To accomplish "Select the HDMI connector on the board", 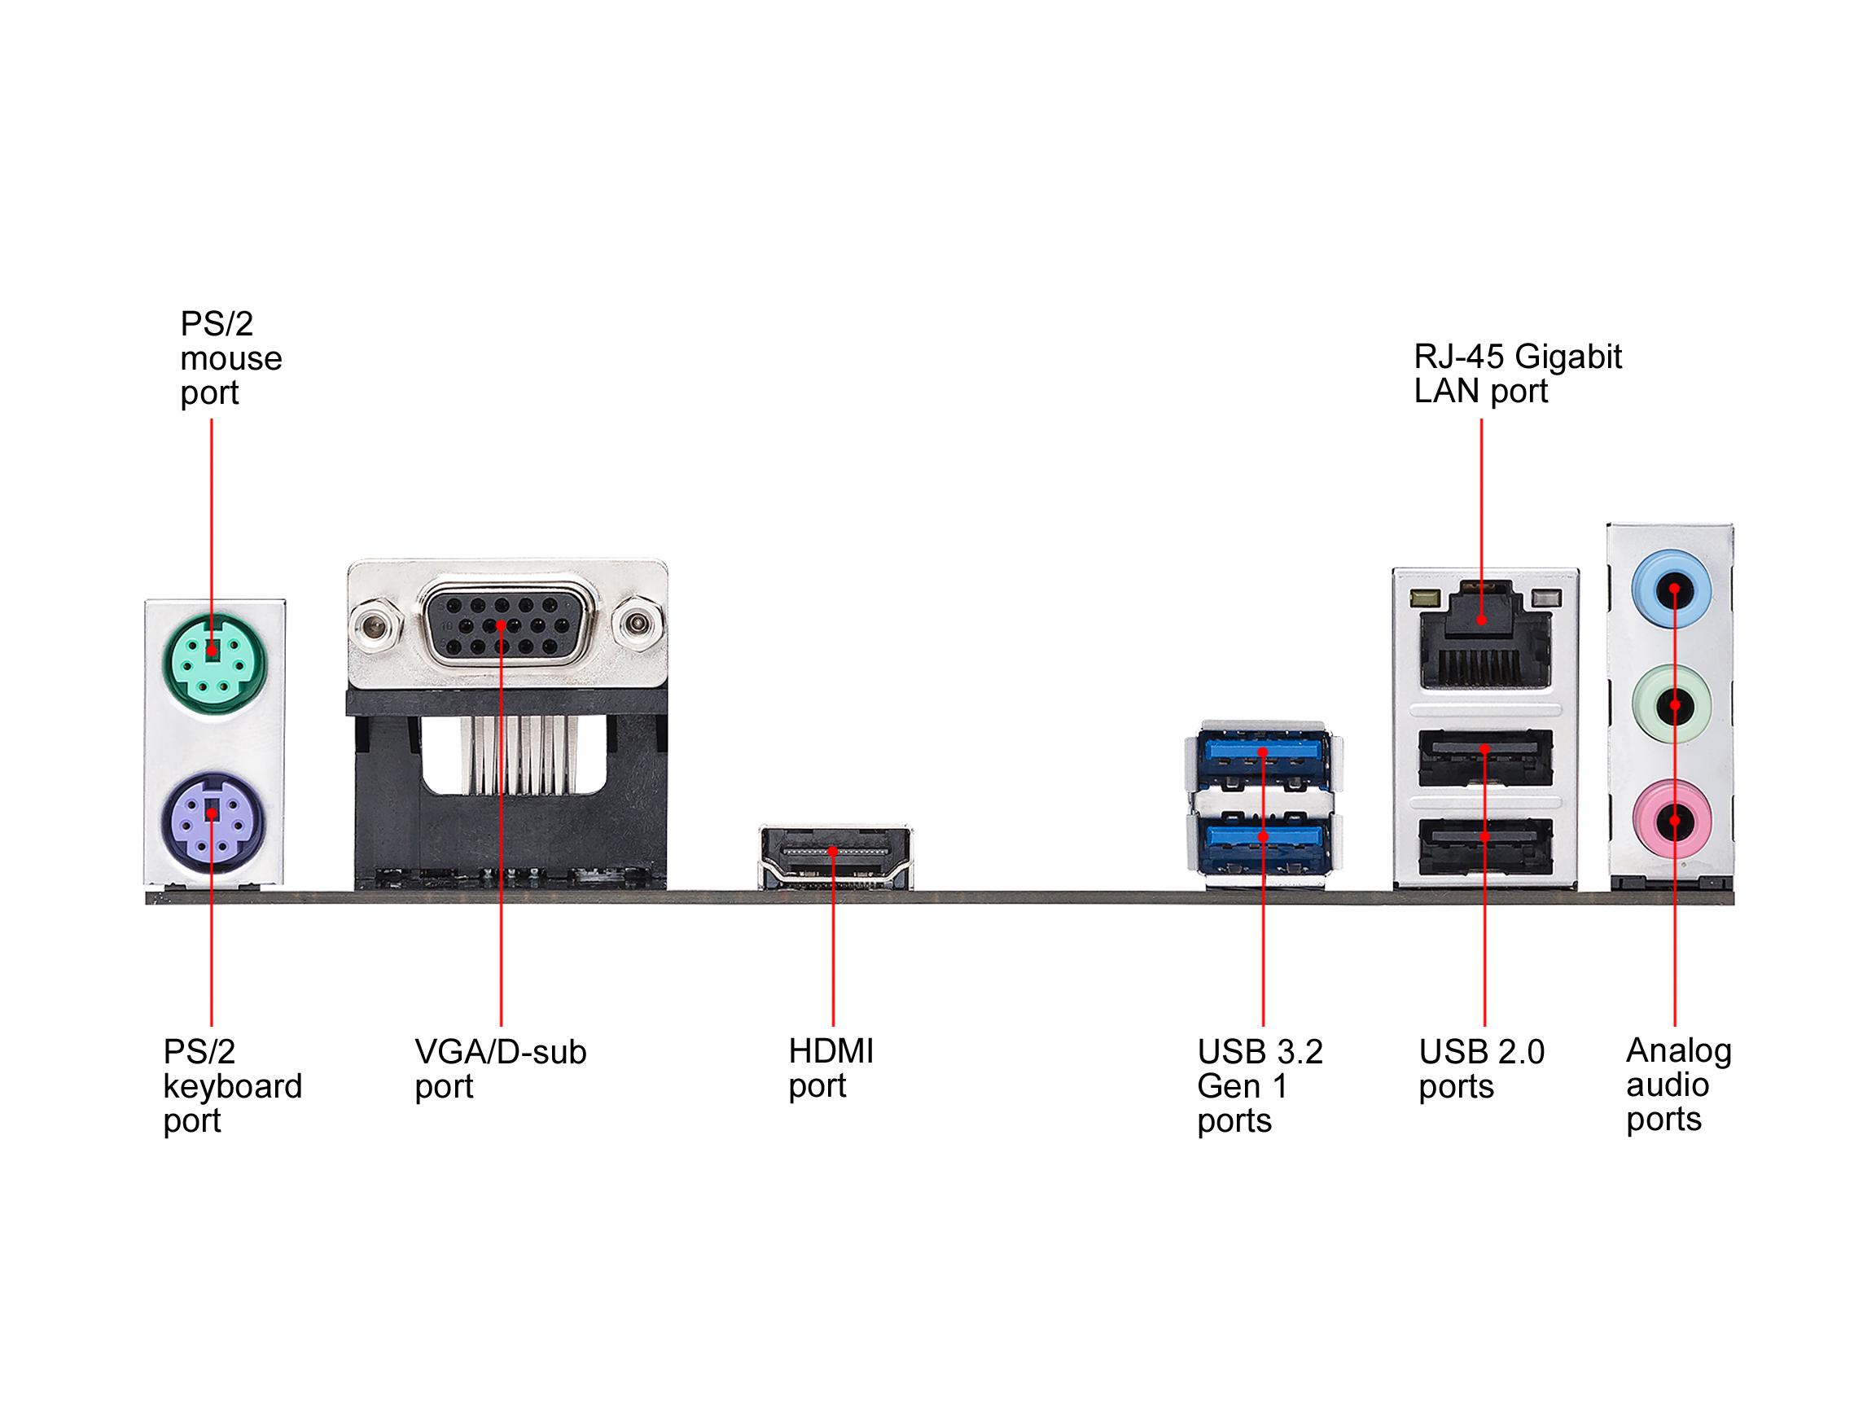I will click(835, 857).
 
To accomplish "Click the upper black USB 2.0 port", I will click(1485, 756).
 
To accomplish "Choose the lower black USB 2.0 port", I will click(1485, 844).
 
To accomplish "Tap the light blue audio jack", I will click(1672, 590).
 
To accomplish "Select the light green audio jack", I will click(1672, 705).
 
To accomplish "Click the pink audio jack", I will click(1672, 820).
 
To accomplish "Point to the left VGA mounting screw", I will click(373, 627).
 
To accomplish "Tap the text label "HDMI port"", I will click(831, 1067).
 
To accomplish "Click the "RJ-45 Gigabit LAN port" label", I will click(1516, 373).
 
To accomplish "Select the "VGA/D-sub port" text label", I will click(499, 1068).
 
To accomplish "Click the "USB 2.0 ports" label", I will click(1481, 1068).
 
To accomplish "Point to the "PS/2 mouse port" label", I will click(230, 358).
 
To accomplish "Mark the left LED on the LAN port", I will click(1425, 599).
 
